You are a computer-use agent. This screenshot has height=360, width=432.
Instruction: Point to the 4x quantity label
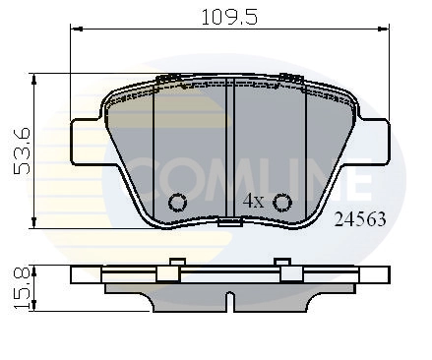[x=254, y=201]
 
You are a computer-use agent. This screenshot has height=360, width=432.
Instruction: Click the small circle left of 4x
[x=178, y=203]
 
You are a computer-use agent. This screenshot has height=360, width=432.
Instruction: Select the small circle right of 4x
[x=282, y=203]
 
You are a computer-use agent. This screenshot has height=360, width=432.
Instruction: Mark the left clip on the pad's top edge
[x=169, y=79]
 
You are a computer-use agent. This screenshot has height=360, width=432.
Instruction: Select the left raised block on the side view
[x=177, y=272]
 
